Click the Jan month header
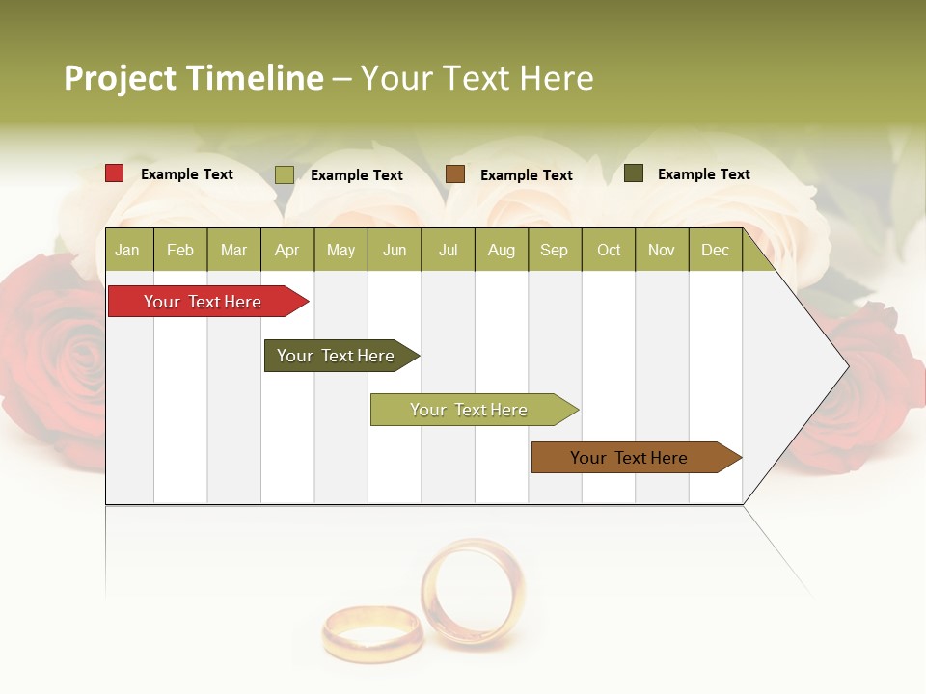(127, 250)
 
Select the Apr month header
(286, 250)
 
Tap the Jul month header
(448, 250)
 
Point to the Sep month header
(554, 250)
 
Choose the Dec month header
(715, 250)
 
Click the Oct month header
(609, 250)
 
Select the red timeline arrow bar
(203, 302)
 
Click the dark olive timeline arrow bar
(336, 356)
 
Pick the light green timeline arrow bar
(469, 410)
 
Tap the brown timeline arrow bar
(629, 458)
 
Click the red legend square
(115, 173)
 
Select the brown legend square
(455, 174)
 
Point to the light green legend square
(285, 174)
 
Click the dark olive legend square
(634, 173)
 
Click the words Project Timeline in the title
(193, 78)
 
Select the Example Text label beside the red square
(186, 174)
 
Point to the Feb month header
(180, 250)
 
